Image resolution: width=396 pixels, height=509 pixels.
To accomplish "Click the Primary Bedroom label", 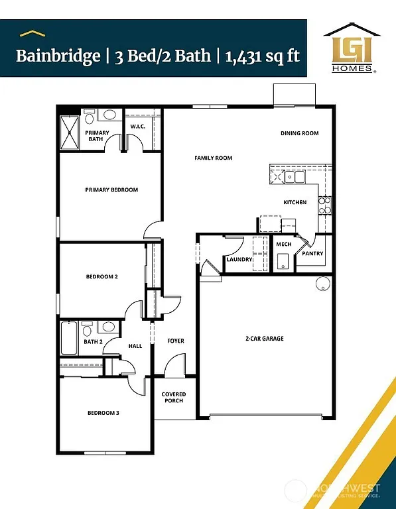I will (x=111, y=190).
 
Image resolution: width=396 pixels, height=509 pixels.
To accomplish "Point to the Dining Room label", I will (x=299, y=133).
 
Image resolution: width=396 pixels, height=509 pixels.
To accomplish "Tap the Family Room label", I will (x=213, y=158).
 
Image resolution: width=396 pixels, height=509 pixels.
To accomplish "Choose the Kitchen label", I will (x=295, y=202).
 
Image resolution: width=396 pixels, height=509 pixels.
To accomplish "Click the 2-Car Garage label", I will (x=264, y=339).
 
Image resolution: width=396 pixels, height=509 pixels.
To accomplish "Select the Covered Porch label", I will (x=174, y=398).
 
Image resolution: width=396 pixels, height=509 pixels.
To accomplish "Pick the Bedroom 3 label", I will (x=103, y=413).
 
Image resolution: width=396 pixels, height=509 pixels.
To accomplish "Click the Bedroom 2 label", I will (x=101, y=276).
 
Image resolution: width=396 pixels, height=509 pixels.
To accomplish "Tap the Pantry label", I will (x=312, y=253).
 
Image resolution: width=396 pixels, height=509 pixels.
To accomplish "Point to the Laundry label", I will (x=239, y=259).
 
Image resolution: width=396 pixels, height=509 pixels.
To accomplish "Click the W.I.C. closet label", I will (x=138, y=126).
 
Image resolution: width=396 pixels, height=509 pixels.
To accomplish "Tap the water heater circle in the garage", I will (x=323, y=284).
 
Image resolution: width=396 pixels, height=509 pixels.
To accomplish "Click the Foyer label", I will (x=176, y=341).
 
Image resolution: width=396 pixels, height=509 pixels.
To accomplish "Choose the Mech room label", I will (x=284, y=245).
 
